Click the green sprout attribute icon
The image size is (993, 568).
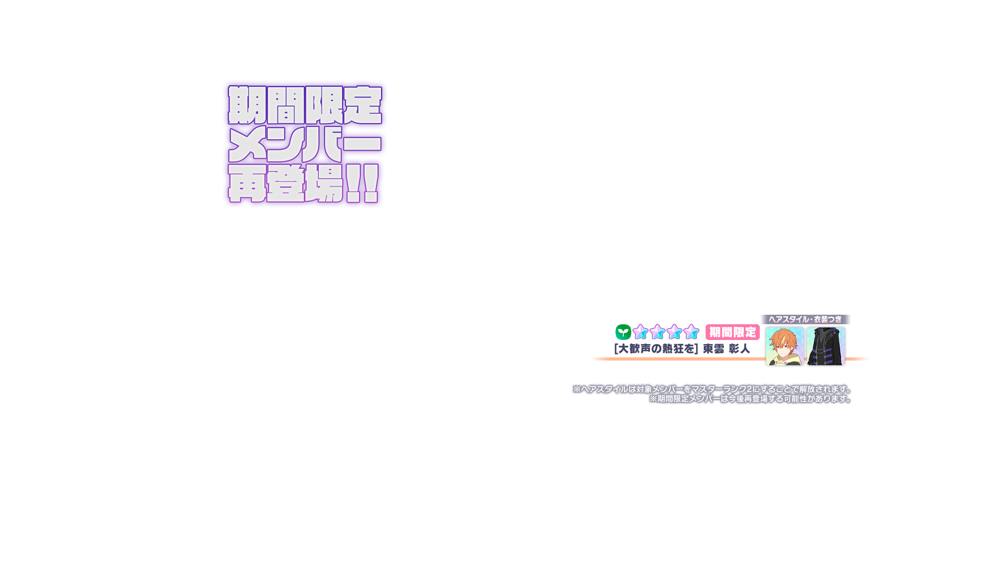(x=623, y=332)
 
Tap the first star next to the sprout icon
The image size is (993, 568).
(x=640, y=332)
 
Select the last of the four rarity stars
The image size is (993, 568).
(x=691, y=332)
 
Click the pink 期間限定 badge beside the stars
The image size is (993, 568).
(x=733, y=332)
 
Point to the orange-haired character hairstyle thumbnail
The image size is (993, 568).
(x=784, y=346)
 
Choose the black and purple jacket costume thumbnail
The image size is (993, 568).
(x=826, y=346)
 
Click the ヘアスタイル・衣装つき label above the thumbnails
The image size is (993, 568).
(x=805, y=319)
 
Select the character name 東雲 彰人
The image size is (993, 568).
(x=726, y=349)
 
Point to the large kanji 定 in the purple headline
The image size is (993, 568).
(x=363, y=105)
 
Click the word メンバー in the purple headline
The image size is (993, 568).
(x=305, y=144)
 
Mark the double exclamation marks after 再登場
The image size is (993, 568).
(x=363, y=183)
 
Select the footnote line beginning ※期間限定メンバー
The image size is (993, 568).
(x=750, y=399)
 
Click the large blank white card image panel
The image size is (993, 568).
(x=747, y=194)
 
